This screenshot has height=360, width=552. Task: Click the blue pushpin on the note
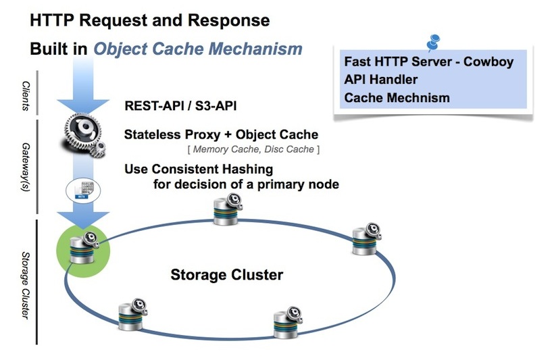coord(432,42)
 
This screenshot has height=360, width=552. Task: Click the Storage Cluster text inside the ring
coord(226,275)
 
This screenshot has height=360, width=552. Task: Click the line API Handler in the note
coord(380,80)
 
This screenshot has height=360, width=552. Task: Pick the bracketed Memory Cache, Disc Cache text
coord(253,149)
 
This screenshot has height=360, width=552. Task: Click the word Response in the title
coord(234,22)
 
